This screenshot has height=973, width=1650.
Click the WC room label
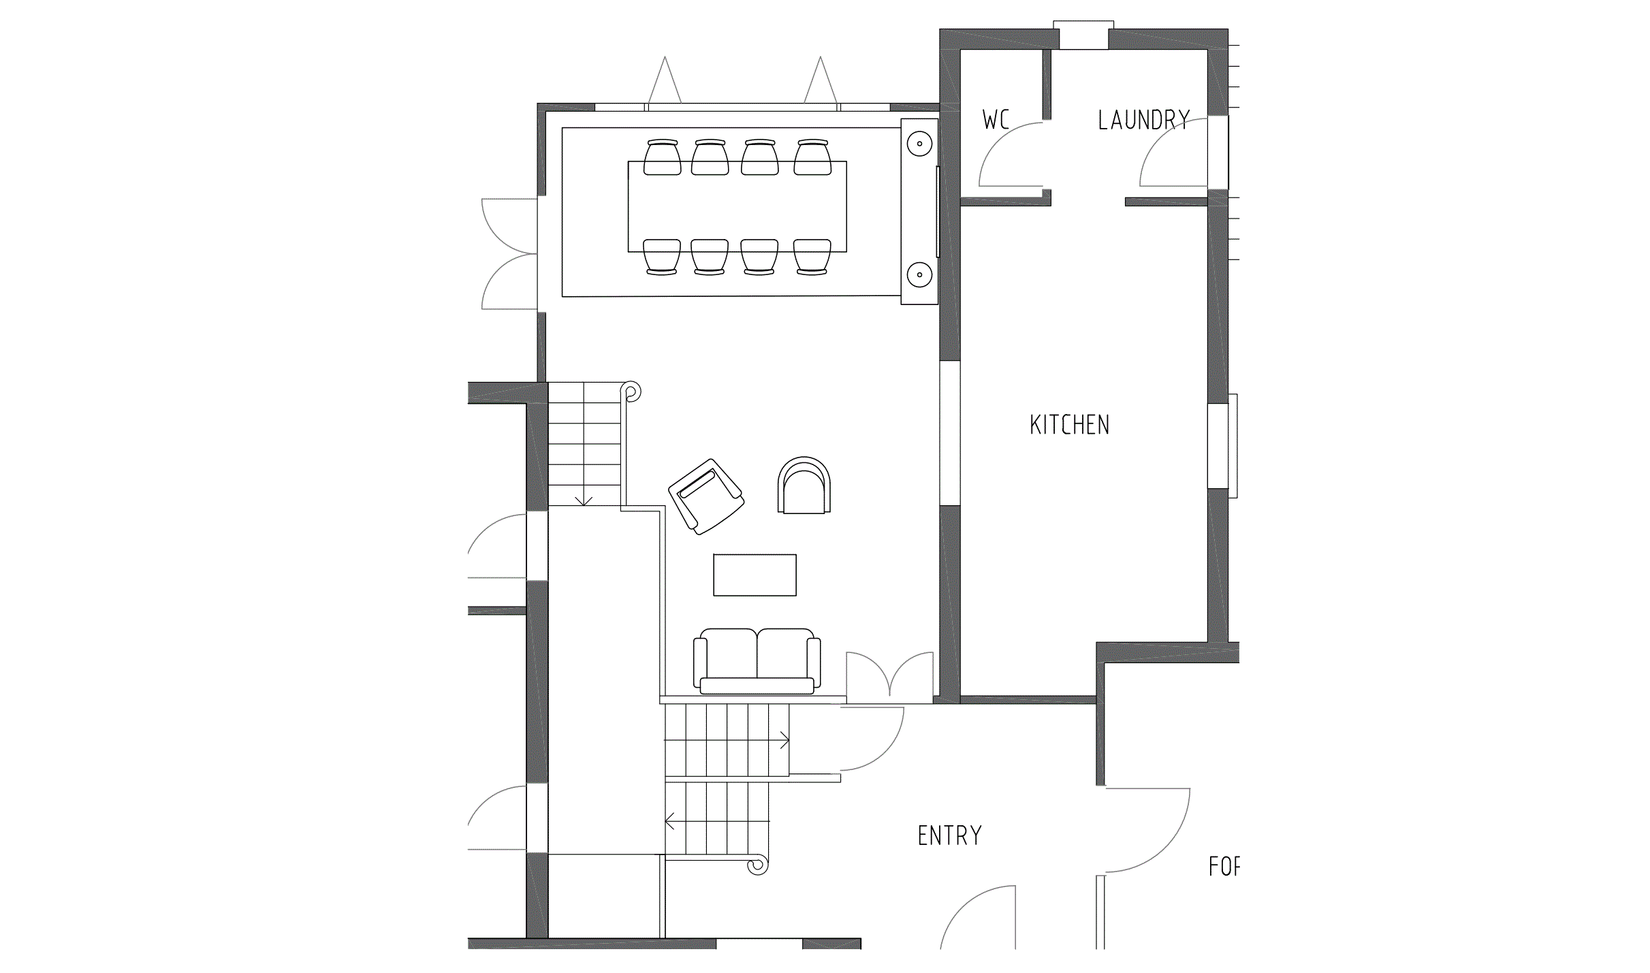[x=995, y=120]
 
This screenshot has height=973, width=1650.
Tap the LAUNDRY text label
[x=1143, y=121]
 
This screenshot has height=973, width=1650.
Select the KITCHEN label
[x=1069, y=425]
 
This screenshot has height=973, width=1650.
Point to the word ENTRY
[x=949, y=835]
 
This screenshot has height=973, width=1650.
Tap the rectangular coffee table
[x=755, y=575]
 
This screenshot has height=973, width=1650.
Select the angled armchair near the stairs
[x=705, y=496]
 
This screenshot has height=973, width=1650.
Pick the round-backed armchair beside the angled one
[x=804, y=486]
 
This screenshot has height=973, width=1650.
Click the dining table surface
[x=737, y=206]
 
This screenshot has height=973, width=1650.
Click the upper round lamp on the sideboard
[x=919, y=144]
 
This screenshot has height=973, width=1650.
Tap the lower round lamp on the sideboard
[x=919, y=275]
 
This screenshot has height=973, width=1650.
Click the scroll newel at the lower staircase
[x=756, y=865]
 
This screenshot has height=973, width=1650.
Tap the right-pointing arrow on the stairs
[x=784, y=740]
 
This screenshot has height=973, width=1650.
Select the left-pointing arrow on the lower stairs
[x=670, y=822]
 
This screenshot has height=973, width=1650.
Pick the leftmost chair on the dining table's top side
[x=662, y=157]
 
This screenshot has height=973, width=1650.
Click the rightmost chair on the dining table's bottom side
[x=812, y=257]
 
